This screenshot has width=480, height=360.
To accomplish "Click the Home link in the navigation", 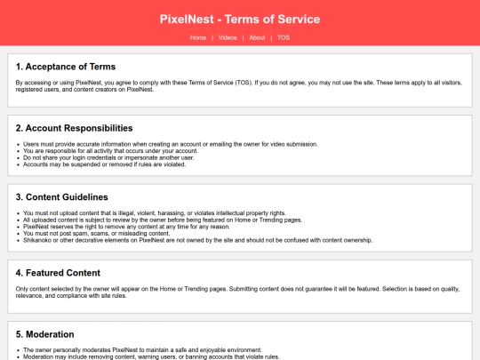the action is tap(197, 38).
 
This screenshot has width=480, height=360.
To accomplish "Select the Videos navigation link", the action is tap(227, 38).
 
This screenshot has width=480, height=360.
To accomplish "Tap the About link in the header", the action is tap(257, 38).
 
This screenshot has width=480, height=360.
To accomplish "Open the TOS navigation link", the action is tap(283, 38).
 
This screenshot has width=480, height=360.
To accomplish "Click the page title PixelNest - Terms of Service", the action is tap(240, 19).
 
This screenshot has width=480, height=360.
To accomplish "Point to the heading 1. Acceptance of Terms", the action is tap(66, 67).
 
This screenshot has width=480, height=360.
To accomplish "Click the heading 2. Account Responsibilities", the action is tap(75, 128).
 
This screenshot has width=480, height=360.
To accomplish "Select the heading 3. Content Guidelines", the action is tap(62, 196).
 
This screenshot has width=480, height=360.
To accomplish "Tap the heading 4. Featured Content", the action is tap(59, 273).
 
